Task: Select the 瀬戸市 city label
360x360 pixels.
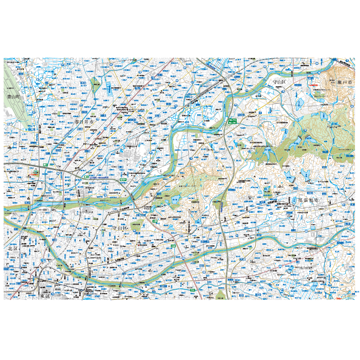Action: (345, 82)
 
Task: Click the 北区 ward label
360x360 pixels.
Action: (13, 249)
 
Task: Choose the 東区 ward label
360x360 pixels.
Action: (45, 296)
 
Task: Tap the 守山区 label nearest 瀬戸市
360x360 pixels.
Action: (278, 82)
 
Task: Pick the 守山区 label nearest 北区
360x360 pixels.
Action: (120, 228)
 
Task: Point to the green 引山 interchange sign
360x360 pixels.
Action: (192, 289)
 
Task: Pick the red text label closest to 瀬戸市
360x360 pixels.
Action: (312, 85)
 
